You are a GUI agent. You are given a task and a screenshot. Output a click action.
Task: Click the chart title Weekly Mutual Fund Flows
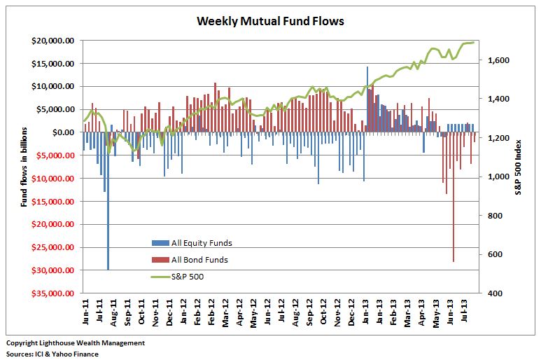click(x=270, y=21)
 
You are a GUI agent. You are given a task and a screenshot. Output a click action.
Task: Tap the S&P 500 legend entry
click(x=188, y=277)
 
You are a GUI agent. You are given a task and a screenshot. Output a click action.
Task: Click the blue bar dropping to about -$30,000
click(x=108, y=203)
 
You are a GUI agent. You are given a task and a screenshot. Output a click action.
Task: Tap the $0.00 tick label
click(x=64, y=132)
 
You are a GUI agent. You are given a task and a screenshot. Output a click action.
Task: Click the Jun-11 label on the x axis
click(x=85, y=312)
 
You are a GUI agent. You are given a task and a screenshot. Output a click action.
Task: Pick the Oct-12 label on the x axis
click(x=323, y=312)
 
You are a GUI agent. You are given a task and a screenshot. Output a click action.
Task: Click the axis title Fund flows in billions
click(x=24, y=167)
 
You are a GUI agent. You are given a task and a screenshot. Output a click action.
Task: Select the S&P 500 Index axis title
click(x=518, y=167)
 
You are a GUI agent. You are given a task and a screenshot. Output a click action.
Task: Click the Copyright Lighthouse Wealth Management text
click(x=76, y=343)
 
